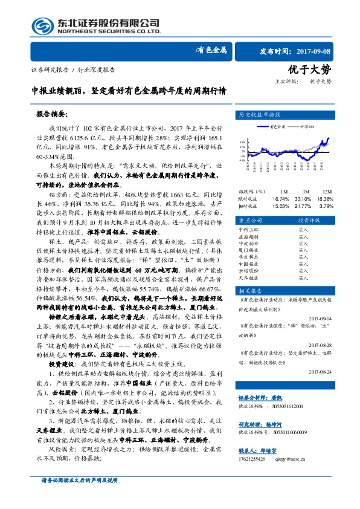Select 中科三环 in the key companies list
(248, 230)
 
